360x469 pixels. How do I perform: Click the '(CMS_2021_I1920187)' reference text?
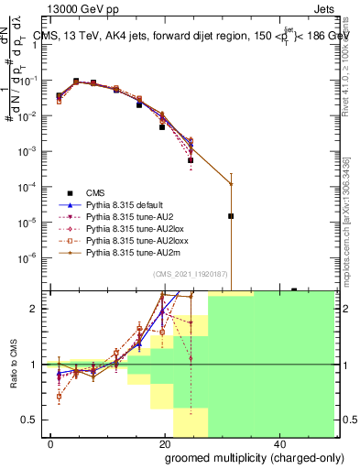click(x=197, y=274)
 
